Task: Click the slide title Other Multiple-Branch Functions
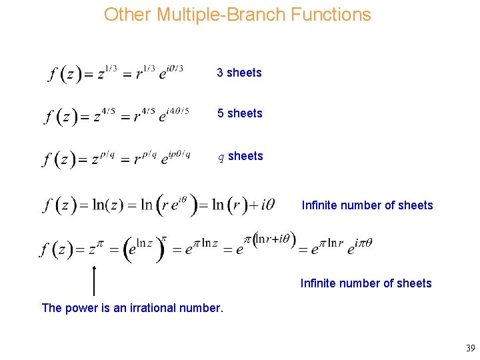(x=237, y=15)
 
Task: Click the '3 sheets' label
(x=239, y=73)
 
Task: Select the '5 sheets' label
(x=239, y=113)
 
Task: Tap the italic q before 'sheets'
(x=222, y=157)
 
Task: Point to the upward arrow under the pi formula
(x=94, y=280)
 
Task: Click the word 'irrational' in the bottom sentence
(x=154, y=308)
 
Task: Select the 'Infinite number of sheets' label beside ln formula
(x=367, y=205)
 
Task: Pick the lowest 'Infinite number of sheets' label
(x=366, y=283)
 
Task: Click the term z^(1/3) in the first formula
(x=107, y=72)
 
